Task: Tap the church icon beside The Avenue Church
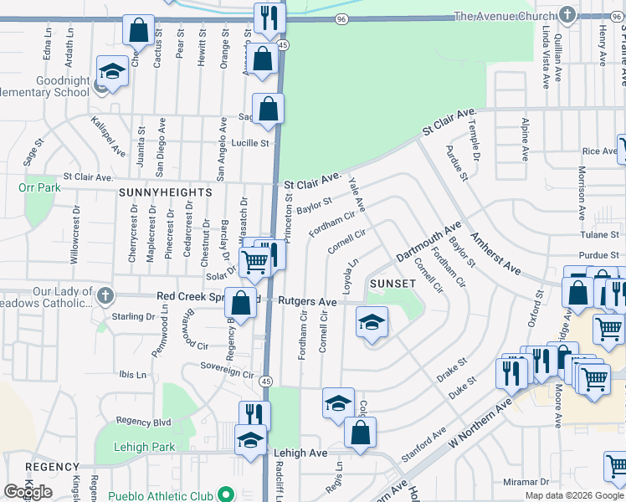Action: pyautogui.click(x=567, y=16)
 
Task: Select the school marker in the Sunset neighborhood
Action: pyautogui.click(x=372, y=322)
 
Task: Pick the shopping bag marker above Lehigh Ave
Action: pyautogui.click(x=360, y=433)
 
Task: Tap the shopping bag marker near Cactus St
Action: pyautogui.click(x=138, y=30)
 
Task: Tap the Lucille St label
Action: pyautogui.click(x=251, y=143)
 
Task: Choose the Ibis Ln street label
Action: pyautogui.click(x=132, y=374)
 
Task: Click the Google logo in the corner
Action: pyautogui.click(x=28, y=492)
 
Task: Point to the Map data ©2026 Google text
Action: pyautogui.click(x=573, y=495)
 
